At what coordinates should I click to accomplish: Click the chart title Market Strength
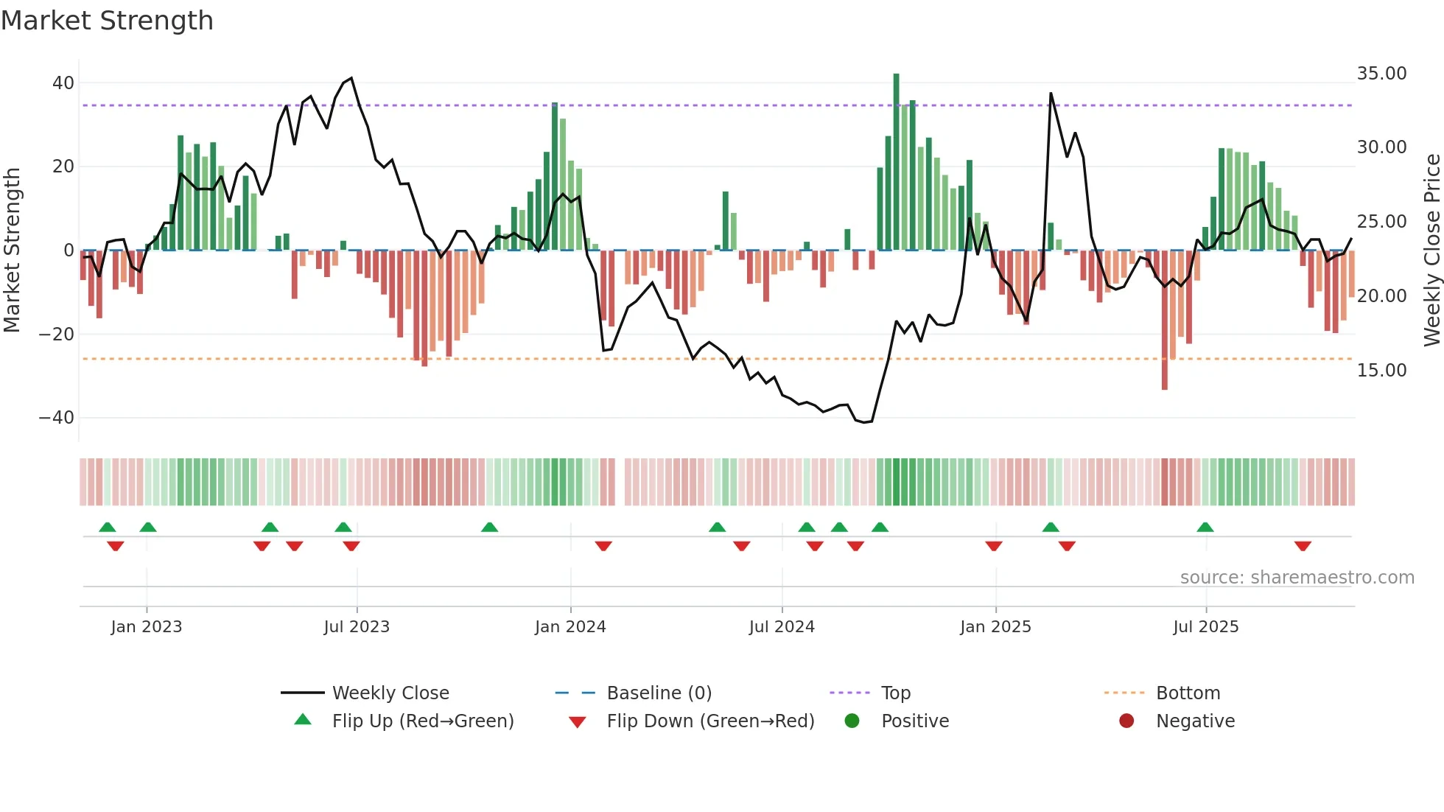click(107, 21)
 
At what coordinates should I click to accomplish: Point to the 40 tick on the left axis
click(63, 83)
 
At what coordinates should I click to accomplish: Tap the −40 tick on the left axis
click(57, 418)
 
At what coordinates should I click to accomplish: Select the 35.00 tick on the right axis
click(1381, 74)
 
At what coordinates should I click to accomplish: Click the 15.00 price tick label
click(1381, 371)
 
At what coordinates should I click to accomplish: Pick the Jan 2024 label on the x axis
click(570, 627)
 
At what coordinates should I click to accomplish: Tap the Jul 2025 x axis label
click(1205, 627)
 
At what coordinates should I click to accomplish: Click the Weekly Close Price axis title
click(1431, 251)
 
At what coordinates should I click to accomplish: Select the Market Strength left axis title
click(13, 251)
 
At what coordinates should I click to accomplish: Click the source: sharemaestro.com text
click(1297, 578)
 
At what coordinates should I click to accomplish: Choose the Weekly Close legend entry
click(390, 693)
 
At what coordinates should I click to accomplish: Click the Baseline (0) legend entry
click(659, 693)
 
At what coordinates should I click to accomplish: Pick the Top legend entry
click(895, 693)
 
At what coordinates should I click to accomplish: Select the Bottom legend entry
click(1188, 693)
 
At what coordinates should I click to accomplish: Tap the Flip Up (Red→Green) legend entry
click(422, 721)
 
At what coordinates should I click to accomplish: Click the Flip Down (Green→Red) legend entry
click(710, 721)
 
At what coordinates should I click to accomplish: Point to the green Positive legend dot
click(852, 721)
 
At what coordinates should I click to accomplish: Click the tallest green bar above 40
click(896, 162)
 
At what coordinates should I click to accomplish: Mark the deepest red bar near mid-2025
click(1165, 321)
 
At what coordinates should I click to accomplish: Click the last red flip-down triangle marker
click(1303, 546)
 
